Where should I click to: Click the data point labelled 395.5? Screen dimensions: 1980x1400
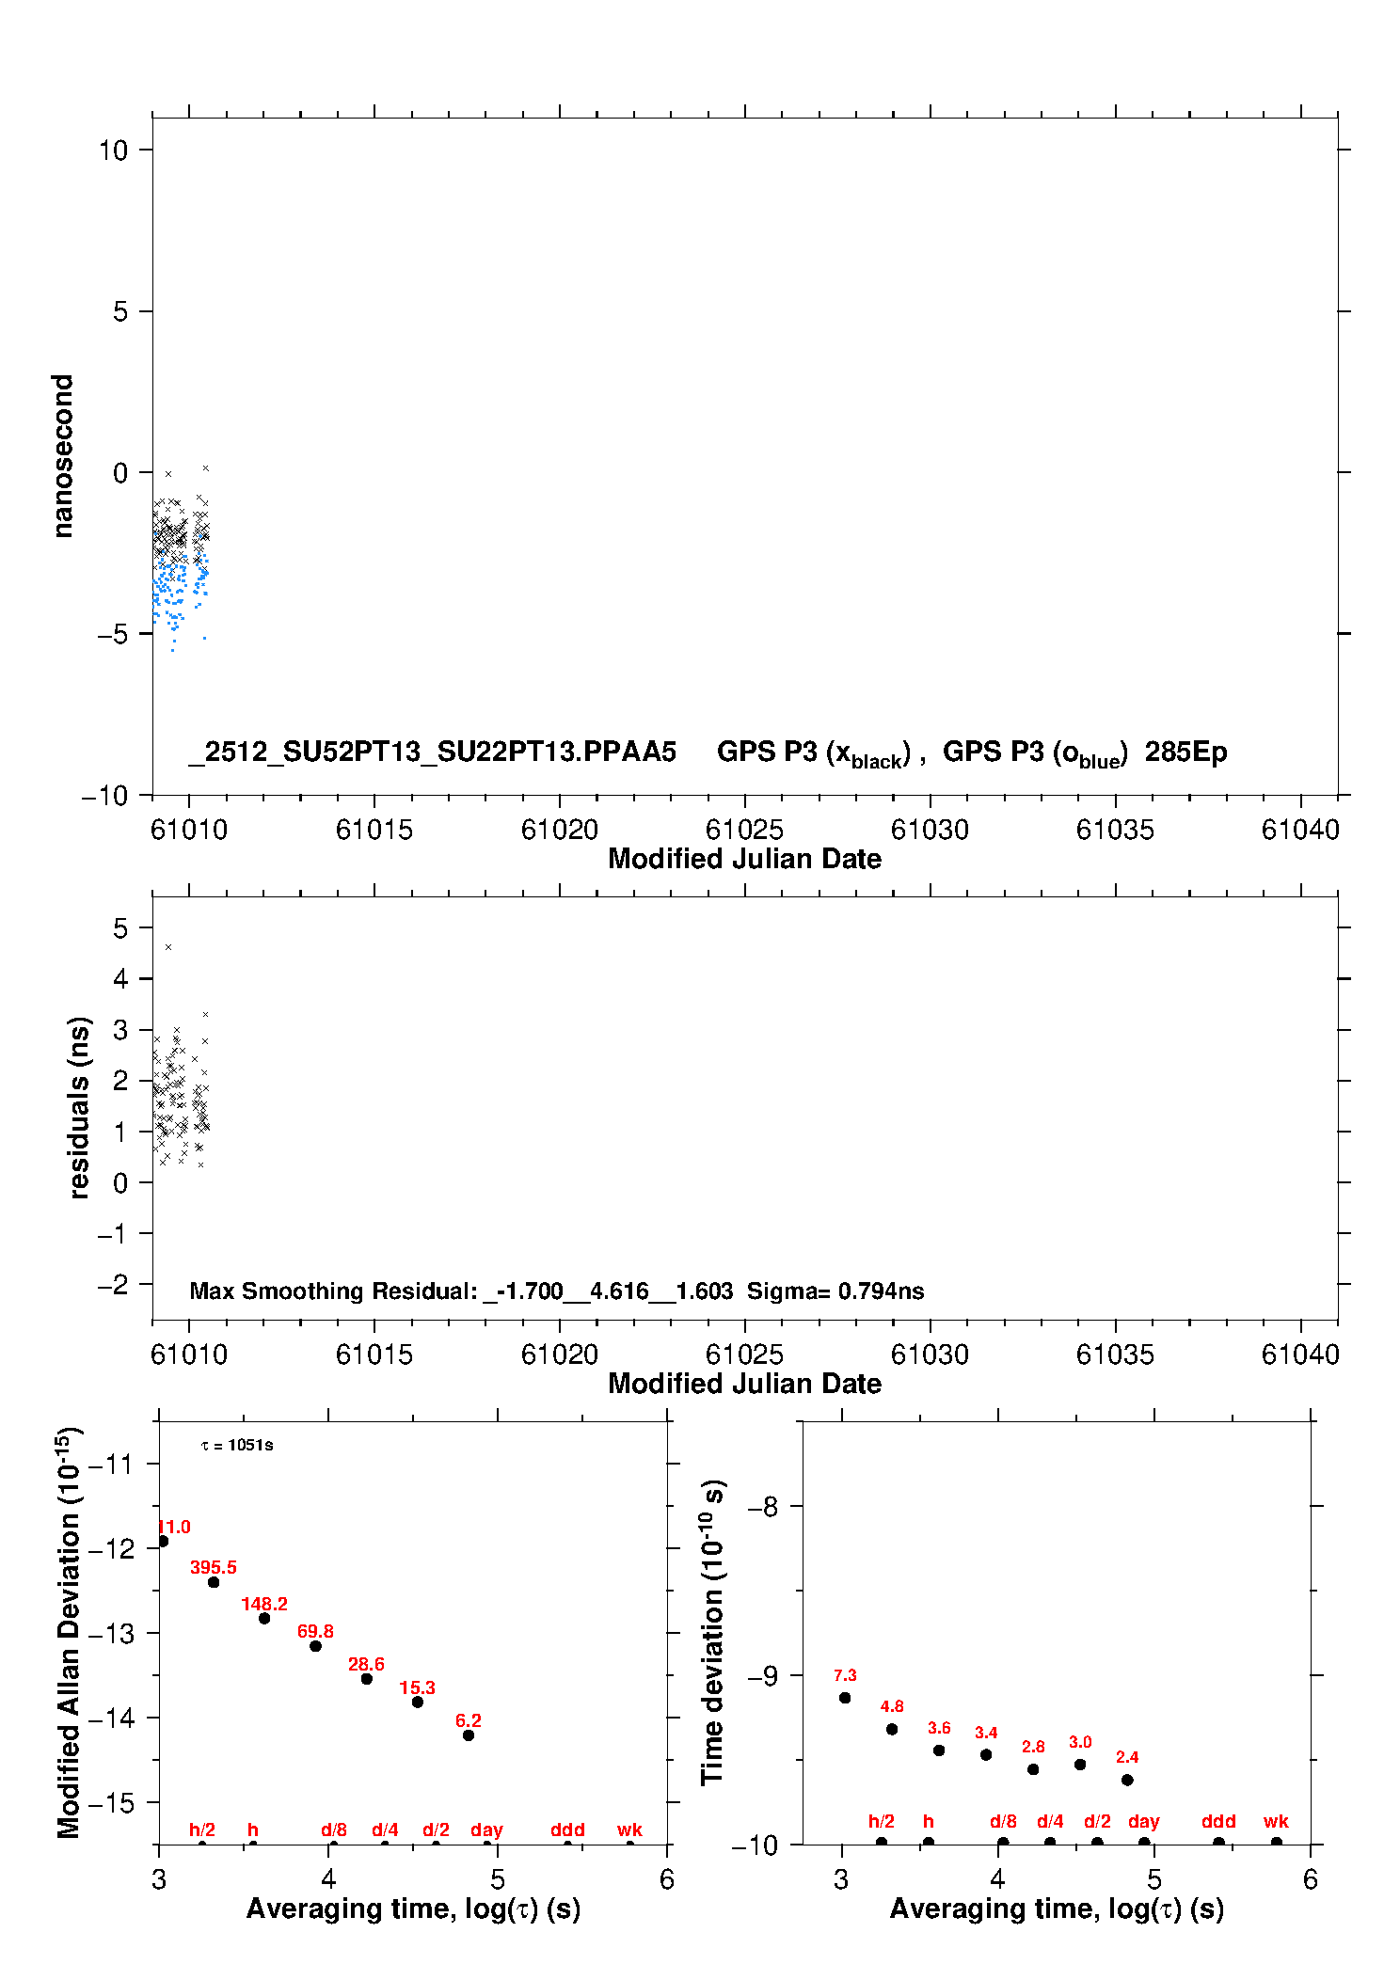point(214,1582)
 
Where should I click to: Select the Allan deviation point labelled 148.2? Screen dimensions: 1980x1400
point(264,1618)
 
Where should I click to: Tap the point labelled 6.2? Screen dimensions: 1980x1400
point(469,1735)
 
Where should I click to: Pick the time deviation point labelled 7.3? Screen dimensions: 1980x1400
point(845,1698)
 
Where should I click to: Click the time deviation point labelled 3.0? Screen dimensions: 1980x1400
point(1080,1765)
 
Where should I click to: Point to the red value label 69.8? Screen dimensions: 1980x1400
point(315,1631)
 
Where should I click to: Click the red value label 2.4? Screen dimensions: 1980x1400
point(1127,1757)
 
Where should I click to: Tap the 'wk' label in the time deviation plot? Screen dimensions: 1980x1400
point(1276,1822)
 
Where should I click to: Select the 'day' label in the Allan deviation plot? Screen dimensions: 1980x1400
point(486,1830)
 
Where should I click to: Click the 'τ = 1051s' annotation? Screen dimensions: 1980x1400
point(237,1445)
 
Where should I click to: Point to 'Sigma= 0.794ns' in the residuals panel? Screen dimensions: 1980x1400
point(835,1291)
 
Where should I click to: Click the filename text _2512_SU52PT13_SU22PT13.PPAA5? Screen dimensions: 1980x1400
point(432,752)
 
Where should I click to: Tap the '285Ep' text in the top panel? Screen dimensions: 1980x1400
point(1185,752)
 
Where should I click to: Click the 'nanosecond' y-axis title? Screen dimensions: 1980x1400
point(63,455)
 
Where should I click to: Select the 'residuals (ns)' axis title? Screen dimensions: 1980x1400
point(80,1107)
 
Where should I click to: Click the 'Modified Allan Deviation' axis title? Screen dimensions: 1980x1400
point(69,1632)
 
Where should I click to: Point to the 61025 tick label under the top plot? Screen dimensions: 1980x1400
point(744,830)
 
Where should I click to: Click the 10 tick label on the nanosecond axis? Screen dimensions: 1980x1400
point(113,150)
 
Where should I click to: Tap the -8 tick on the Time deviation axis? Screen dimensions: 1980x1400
point(763,1507)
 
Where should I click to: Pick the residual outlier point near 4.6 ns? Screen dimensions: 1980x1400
point(168,947)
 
